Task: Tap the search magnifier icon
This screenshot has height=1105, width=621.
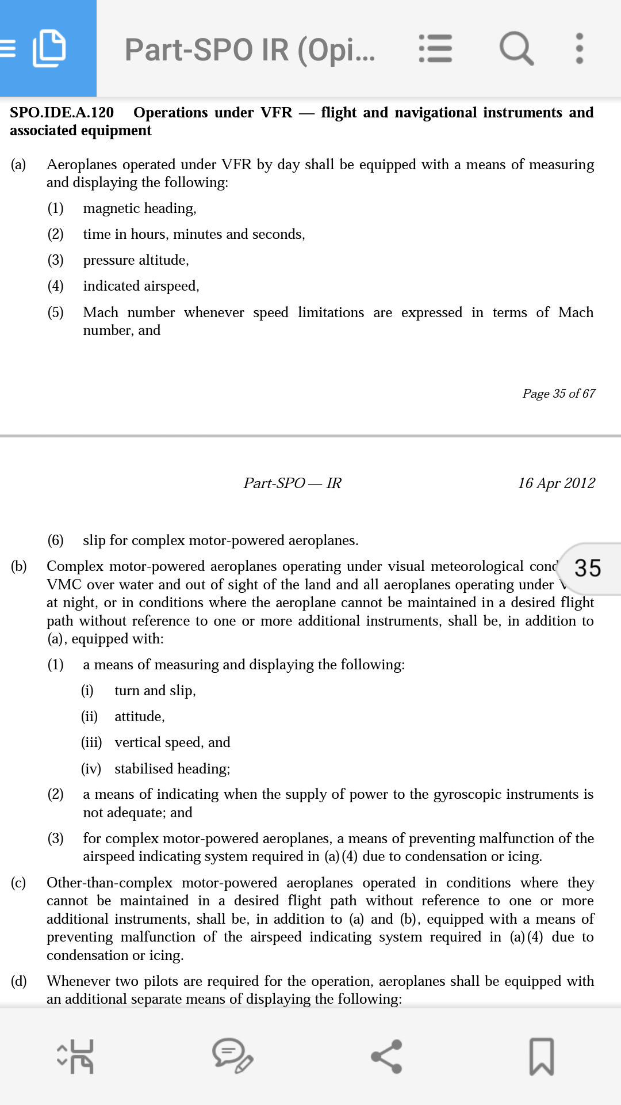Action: coord(516,48)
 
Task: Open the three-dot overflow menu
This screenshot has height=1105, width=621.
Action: coord(579,48)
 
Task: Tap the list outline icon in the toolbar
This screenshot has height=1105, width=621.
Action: coord(435,48)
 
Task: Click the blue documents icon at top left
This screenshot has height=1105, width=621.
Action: coord(48,48)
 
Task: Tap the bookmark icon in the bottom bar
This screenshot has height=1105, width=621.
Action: coord(541,1056)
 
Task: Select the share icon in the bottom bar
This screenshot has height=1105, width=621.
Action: coord(386,1056)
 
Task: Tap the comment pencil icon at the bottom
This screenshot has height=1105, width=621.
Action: coord(232,1056)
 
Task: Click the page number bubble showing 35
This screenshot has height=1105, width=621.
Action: coord(588,568)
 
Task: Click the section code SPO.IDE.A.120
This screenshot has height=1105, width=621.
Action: coord(62,112)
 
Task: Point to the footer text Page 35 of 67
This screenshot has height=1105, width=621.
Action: coord(558,394)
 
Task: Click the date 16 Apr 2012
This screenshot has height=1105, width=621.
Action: coord(556,483)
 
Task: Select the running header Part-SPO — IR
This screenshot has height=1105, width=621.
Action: coord(292,483)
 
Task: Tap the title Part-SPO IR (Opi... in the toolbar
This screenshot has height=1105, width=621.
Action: coord(250,49)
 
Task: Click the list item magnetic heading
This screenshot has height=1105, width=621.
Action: coord(140,208)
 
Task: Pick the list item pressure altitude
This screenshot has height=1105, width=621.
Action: coord(136,260)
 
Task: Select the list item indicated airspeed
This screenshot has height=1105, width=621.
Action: coord(141,286)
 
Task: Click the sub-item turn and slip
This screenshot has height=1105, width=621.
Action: coord(155,691)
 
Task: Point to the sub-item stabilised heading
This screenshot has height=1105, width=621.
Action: coord(172,769)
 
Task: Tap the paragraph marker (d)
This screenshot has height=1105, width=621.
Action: coord(19,981)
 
